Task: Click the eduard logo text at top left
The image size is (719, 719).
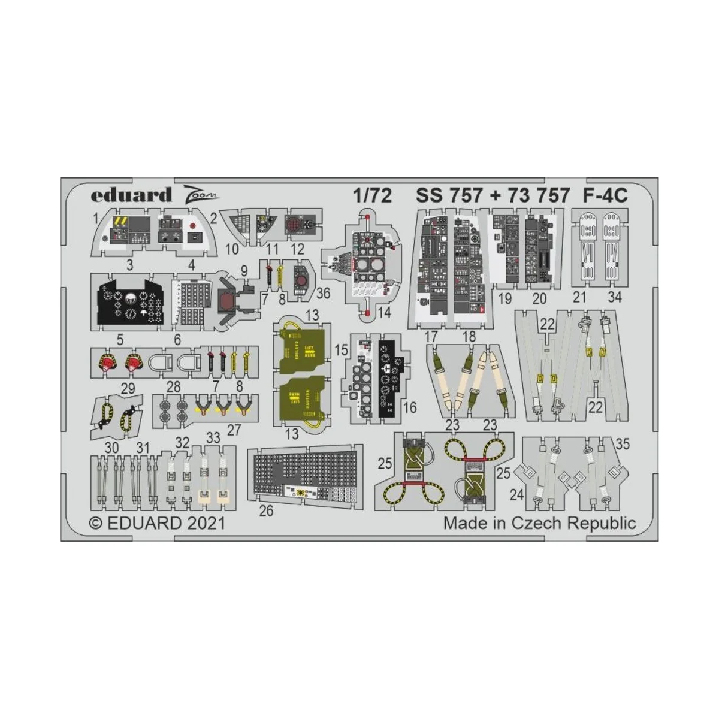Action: [x=131, y=195]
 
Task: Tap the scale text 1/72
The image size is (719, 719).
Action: [x=371, y=195]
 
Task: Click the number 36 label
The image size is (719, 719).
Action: [x=323, y=293]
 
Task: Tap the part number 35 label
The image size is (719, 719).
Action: [x=623, y=444]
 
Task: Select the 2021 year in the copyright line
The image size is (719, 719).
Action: [x=206, y=523]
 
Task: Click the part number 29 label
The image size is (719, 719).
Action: [x=128, y=389]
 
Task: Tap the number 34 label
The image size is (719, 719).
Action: [x=614, y=297]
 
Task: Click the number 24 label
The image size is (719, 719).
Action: [x=517, y=494]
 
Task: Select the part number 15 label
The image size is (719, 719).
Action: [x=341, y=349]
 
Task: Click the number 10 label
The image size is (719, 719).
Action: [x=232, y=249]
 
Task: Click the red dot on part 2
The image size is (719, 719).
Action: [x=193, y=226]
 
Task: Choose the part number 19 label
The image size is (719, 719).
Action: [x=505, y=297]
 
